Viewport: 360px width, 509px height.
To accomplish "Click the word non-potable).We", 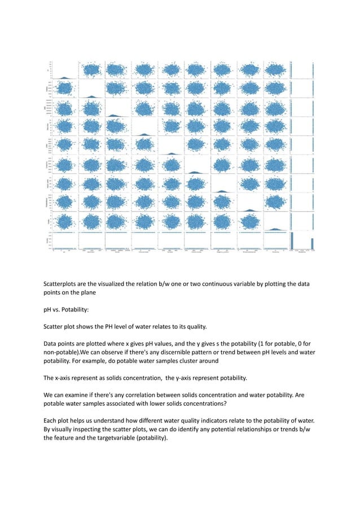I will click(x=68, y=353).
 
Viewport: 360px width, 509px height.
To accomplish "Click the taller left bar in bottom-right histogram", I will click(x=292, y=240).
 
